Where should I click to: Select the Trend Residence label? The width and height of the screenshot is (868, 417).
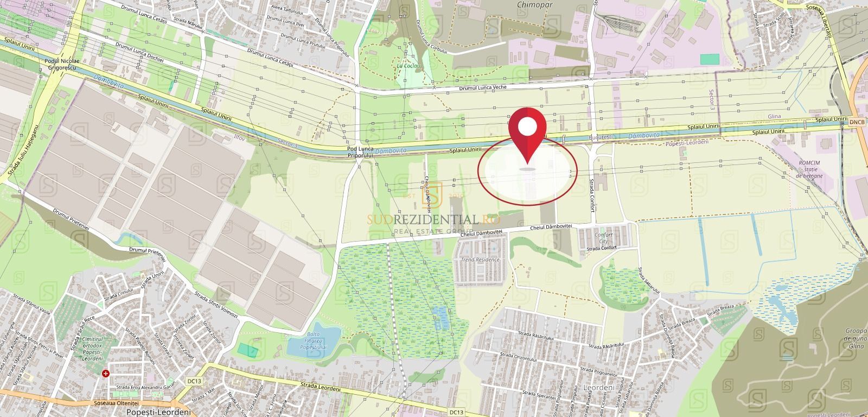480,260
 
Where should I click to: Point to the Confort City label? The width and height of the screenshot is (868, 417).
603,238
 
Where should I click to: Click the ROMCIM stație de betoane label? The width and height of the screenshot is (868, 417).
810,169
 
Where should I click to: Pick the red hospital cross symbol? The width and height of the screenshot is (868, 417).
106,374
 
